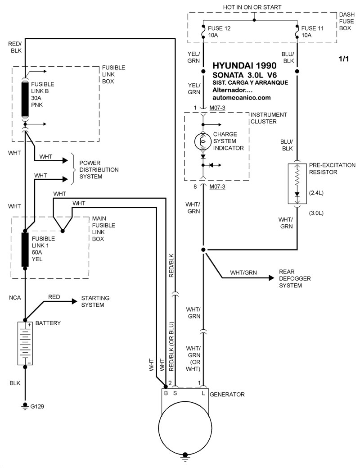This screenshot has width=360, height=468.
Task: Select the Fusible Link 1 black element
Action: [25, 249]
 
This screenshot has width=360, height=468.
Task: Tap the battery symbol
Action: [25, 344]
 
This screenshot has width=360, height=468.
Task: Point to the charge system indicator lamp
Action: [202, 141]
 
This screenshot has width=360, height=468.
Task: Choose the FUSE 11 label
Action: [311, 27]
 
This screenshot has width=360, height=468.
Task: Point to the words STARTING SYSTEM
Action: [95, 302]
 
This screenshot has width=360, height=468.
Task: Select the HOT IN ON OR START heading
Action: [252, 7]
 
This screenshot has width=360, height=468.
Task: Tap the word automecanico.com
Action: [244, 97]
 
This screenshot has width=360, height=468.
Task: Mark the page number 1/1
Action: [344, 59]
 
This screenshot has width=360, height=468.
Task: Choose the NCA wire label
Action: [14, 298]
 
